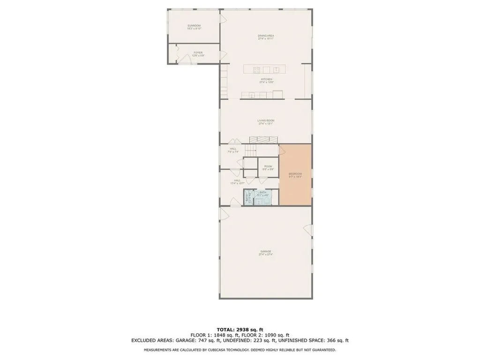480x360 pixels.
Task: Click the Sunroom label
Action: [194, 27]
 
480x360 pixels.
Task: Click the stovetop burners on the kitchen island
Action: [257, 70]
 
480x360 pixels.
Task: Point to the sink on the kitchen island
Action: [277, 70]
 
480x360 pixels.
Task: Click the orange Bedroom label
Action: [295, 175]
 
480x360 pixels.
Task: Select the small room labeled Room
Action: [268, 167]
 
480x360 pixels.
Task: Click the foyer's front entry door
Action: [172, 54]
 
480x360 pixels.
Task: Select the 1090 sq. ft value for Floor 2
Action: [269, 335]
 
